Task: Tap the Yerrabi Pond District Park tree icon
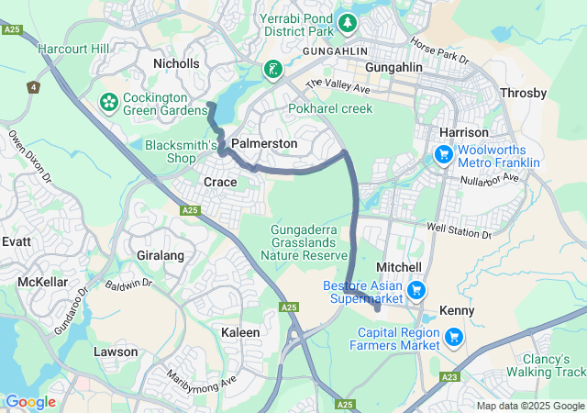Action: [x=348, y=21]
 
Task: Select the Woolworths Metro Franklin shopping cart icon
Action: [x=442, y=154]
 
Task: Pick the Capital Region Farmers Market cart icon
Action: [x=452, y=339]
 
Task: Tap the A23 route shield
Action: [x=450, y=376]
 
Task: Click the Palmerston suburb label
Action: [x=264, y=144]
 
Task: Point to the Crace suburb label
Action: [x=220, y=182]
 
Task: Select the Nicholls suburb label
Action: [x=176, y=63]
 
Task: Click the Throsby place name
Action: [x=524, y=93]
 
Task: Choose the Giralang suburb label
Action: [x=161, y=255]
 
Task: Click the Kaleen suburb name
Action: [x=240, y=331]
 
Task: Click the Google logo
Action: [x=30, y=402]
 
